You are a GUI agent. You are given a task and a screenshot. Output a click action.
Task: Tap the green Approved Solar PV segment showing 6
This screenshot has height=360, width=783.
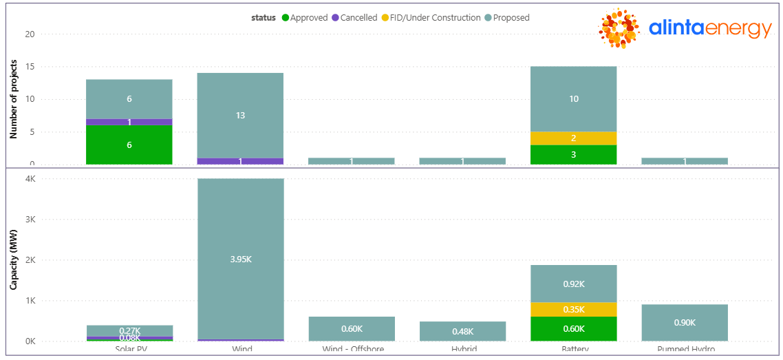tap(129, 145)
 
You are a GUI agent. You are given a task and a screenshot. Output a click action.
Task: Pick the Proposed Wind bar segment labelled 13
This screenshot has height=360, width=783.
tap(240, 115)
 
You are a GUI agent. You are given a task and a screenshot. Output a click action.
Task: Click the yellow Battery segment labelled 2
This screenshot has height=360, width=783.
tap(573, 138)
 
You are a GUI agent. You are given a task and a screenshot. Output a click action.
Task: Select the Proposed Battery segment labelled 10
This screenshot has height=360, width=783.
tap(573, 99)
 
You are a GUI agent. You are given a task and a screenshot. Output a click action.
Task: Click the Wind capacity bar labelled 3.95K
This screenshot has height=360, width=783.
tap(240, 259)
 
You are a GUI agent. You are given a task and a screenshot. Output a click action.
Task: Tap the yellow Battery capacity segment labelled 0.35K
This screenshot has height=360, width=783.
tap(573, 310)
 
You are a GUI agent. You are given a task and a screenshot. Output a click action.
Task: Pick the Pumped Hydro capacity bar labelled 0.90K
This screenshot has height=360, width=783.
tap(685, 323)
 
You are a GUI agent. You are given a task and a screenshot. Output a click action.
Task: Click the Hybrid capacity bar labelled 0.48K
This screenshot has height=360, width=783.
tap(462, 331)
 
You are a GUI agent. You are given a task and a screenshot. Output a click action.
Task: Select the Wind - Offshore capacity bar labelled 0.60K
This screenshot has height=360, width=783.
tap(352, 329)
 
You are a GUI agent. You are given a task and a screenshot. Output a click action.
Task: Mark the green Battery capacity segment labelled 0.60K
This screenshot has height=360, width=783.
tap(573, 329)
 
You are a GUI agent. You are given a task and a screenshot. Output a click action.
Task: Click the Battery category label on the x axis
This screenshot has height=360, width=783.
tap(573, 350)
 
